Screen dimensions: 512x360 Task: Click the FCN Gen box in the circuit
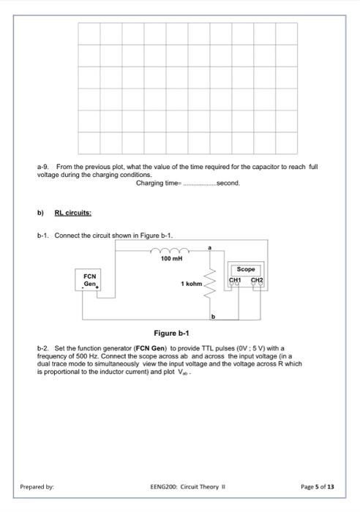[x=91, y=281]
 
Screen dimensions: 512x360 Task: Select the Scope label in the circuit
[x=247, y=269]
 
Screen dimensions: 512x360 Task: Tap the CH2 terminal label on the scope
[x=258, y=279]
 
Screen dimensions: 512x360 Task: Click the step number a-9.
[x=43, y=167]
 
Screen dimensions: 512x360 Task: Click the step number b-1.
[x=43, y=235]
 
